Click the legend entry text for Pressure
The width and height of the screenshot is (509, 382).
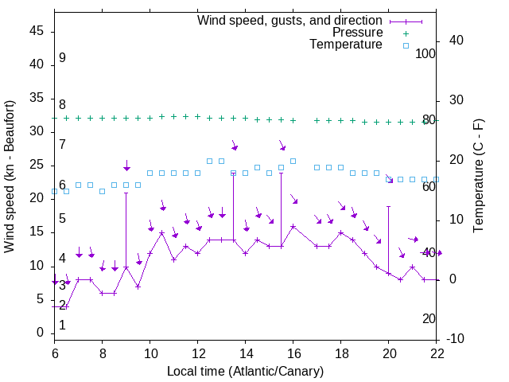coord(357,33)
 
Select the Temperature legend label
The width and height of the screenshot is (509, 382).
coord(346,45)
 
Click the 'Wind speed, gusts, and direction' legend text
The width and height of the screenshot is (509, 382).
coord(290,20)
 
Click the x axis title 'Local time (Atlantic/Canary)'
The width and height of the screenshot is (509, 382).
coord(245,371)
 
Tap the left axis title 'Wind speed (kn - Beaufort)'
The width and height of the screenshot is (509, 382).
coord(10,177)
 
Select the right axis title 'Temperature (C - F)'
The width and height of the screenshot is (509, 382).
coord(478,176)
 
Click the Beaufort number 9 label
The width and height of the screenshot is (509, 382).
coord(62,58)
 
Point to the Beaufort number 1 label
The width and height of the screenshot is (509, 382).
coord(62,325)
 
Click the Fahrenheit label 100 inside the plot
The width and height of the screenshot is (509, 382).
coord(425,53)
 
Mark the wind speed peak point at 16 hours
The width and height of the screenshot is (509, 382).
coord(293,226)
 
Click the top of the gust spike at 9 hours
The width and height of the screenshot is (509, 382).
coord(126,193)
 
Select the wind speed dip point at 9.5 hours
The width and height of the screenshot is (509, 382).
coord(138,286)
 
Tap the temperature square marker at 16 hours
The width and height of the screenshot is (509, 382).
coord(293,161)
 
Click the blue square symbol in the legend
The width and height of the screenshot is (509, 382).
coord(406,45)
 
